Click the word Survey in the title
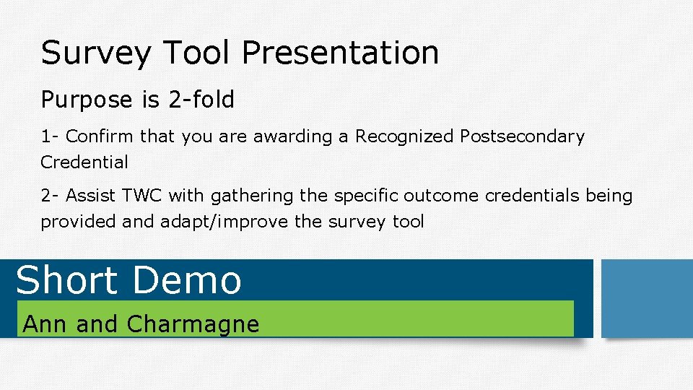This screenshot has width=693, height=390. coord(97,53)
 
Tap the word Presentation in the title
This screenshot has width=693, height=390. coord(340,53)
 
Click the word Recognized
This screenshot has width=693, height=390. coord(404,136)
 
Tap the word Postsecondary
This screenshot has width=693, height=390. coord(522,136)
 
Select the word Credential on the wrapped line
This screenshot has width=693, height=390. coord(84,162)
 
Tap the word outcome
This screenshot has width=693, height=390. coord(441,196)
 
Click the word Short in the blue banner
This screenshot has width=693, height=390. coord(66,280)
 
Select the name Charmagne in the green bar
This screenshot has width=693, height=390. coord(192,324)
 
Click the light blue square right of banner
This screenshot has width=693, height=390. coord(646,298)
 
